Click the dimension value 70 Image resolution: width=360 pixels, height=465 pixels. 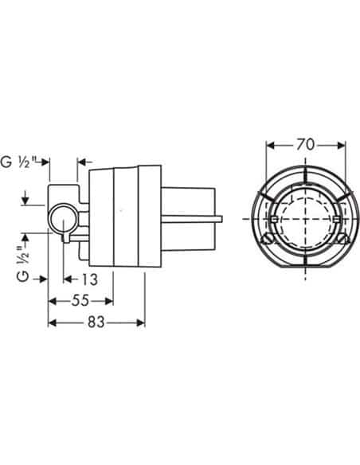coord(305,145)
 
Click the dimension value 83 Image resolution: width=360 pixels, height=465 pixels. coord(96,322)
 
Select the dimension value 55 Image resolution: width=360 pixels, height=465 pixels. coord(80,301)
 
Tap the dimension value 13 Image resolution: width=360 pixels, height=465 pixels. coord(89,279)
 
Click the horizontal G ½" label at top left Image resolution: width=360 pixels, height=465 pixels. coord(20,162)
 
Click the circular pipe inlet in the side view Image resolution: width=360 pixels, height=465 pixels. coord(63,220)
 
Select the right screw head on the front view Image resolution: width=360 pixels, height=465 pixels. coord(344,239)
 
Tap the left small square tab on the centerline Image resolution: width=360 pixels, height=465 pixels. coord(274,220)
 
